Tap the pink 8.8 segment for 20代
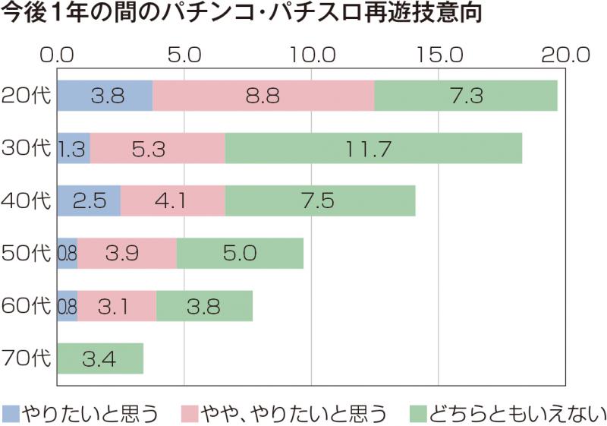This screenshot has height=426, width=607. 263,96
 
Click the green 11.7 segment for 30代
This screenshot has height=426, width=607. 373,148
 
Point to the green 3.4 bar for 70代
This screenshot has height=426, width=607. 100,358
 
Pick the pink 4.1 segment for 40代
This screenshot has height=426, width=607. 173,200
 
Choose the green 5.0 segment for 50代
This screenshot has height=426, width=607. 240,253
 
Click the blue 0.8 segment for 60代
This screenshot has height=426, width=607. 68,305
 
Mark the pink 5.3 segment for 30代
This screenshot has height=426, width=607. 158,148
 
